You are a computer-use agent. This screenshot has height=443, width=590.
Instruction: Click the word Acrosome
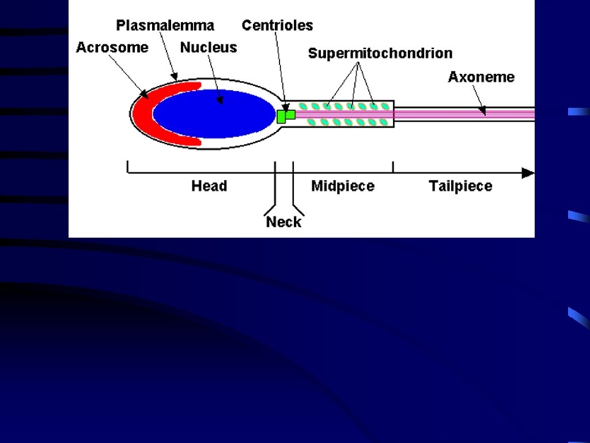112,47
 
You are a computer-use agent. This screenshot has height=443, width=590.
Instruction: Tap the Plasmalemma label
165,25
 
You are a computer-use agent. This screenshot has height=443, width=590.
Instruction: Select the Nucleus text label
209,47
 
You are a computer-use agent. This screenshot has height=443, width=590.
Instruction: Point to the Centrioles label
277,25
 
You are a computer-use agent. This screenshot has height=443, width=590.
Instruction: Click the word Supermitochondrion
380,54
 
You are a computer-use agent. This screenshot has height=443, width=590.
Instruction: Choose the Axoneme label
481,77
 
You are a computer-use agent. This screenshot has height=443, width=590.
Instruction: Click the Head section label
209,186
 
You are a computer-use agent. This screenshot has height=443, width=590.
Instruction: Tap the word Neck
283,222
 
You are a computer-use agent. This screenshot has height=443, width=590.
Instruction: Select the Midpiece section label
343,186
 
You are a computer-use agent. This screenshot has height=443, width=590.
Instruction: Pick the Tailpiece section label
460,186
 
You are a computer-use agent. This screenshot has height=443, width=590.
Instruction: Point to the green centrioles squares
285,115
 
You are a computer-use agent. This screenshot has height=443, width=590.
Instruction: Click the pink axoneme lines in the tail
461,114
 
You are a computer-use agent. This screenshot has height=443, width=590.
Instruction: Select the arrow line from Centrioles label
281,69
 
